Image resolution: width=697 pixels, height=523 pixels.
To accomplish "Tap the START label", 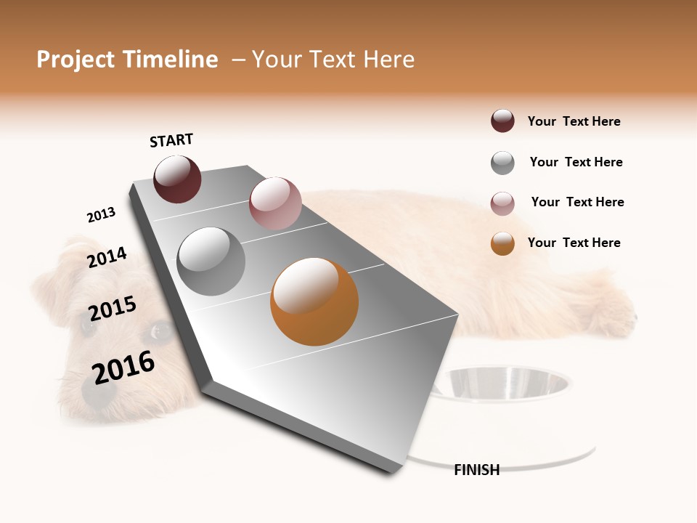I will (x=171, y=140).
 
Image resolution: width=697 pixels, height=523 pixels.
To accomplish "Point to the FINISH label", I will (x=476, y=470).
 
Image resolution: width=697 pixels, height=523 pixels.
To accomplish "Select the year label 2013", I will (x=101, y=215).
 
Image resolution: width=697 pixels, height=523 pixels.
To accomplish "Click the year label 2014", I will (x=107, y=257).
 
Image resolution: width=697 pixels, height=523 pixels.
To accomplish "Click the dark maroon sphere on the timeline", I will (x=177, y=179).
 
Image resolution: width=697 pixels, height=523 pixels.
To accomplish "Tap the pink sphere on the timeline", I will (x=275, y=203).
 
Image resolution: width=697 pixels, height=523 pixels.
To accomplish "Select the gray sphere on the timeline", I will (x=211, y=261).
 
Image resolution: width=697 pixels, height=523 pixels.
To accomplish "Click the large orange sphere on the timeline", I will (x=314, y=301).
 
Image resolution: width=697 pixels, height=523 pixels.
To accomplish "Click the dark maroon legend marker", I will (x=502, y=121).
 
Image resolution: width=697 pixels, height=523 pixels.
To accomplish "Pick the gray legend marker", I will (x=502, y=163).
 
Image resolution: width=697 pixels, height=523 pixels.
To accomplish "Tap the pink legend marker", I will (x=502, y=203).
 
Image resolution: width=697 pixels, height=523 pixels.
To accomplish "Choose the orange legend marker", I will (x=502, y=243).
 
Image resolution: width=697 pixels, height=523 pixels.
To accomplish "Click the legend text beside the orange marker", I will (x=574, y=243).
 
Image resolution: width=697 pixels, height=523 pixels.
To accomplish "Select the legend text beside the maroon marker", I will (x=574, y=121).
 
